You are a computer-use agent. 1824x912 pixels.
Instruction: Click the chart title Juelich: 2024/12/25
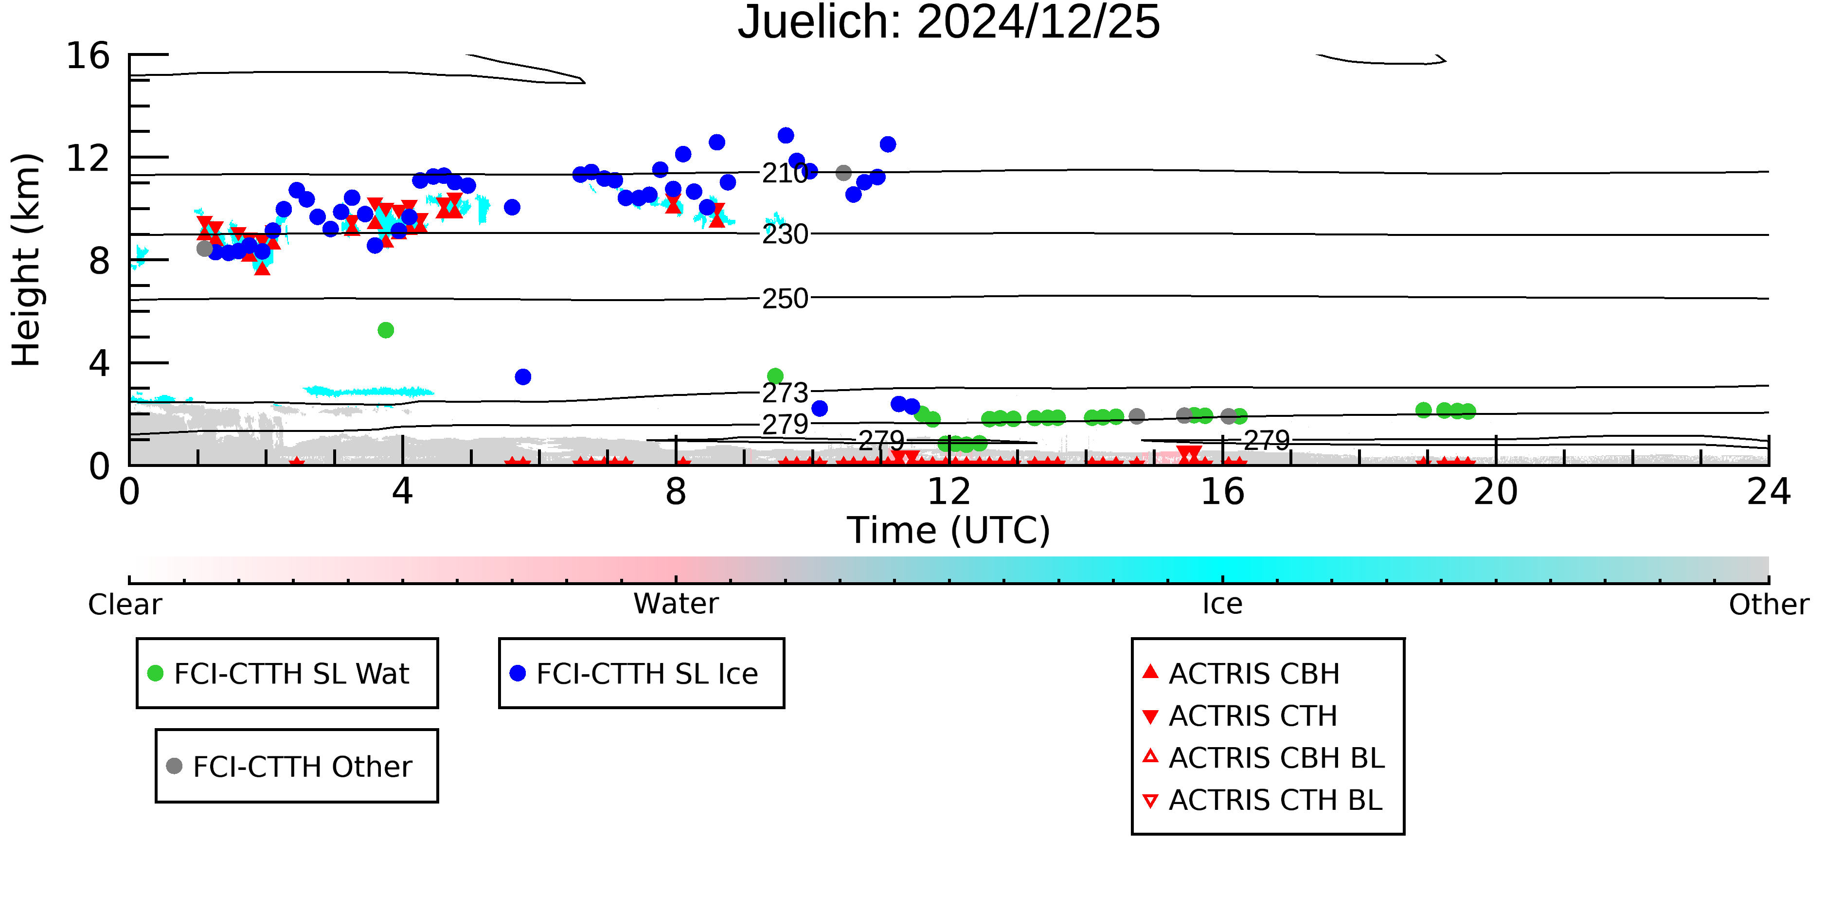(x=949, y=23)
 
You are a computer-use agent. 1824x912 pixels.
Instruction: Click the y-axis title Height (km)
(x=26, y=260)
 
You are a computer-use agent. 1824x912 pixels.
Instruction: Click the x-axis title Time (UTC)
(x=949, y=530)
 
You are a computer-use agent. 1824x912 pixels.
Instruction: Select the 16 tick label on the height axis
(x=88, y=55)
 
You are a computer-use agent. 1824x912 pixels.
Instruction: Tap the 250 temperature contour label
(x=785, y=299)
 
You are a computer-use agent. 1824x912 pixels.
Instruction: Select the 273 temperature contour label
(x=785, y=392)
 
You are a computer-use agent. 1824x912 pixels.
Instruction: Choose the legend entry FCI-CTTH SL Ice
(x=634, y=673)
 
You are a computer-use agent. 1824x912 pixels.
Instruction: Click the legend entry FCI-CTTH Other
(x=289, y=766)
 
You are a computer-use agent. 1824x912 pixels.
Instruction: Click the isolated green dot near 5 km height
(x=385, y=330)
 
